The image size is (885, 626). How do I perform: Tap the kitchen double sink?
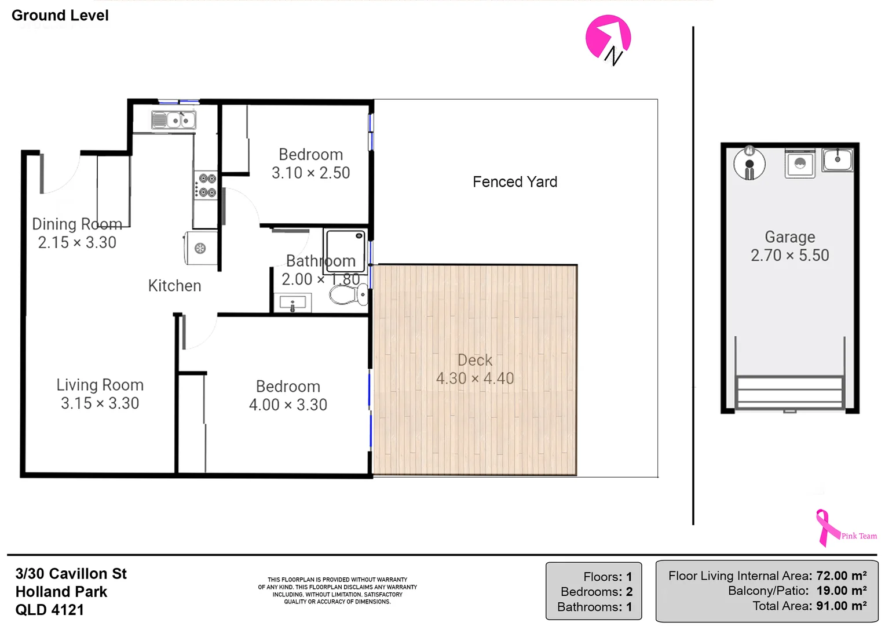(173, 120)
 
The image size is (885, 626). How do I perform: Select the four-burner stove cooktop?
(205, 185)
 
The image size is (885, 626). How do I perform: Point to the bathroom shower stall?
(345, 251)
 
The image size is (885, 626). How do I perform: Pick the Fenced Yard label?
(515, 182)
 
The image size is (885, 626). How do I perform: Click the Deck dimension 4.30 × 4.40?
(475, 378)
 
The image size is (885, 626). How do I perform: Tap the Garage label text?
(789, 237)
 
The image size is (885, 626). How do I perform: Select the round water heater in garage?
(749, 164)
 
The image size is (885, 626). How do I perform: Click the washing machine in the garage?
(800, 163)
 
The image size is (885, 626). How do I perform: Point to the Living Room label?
(100, 385)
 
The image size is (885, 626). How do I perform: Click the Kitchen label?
(174, 286)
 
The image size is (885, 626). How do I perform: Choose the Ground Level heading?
(60, 16)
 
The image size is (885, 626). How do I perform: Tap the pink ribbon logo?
(827, 527)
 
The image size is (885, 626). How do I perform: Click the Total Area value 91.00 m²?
(841, 606)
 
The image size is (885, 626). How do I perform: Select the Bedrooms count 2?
(629, 592)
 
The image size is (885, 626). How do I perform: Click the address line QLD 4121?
(50, 610)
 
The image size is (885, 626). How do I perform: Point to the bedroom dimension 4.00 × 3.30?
(288, 405)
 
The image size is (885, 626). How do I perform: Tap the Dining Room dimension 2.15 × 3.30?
(77, 242)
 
